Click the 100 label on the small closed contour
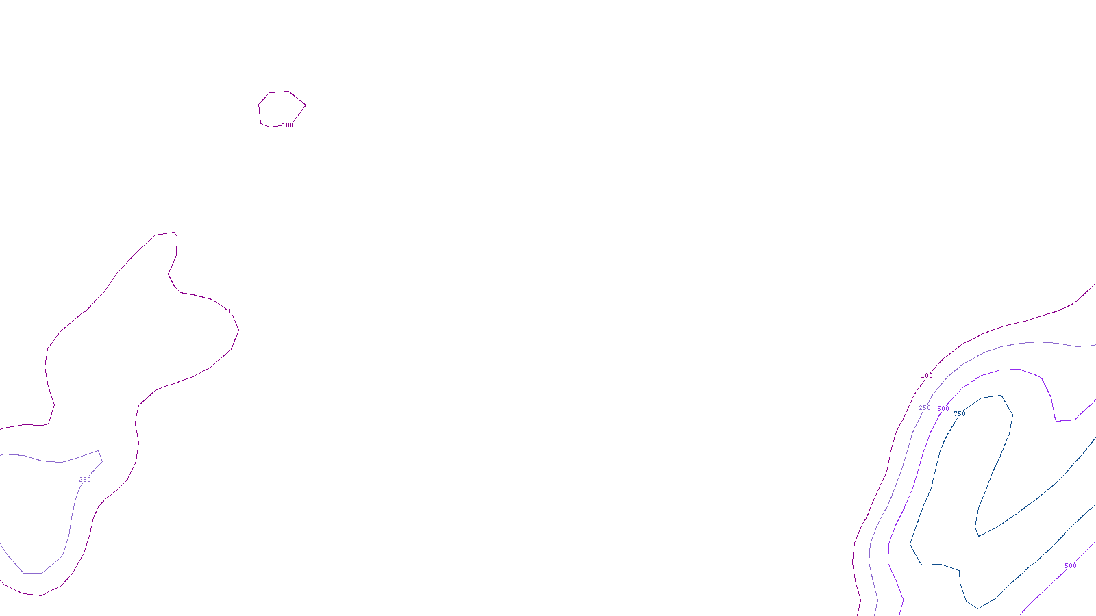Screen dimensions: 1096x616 [x=288, y=125]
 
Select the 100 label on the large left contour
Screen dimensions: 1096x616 [x=231, y=311]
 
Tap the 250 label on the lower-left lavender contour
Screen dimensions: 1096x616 [x=85, y=480]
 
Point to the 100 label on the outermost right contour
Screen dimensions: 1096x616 [x=927, y=376]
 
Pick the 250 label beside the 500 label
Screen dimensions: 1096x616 [x=925, y=408]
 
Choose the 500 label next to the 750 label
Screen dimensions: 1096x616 [x=943, y=409]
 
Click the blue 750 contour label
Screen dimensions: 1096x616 [x=960, y=414]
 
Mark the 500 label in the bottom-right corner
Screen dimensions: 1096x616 [x=1071, y=566]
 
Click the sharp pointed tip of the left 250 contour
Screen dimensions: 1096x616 [x=99, y=451]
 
